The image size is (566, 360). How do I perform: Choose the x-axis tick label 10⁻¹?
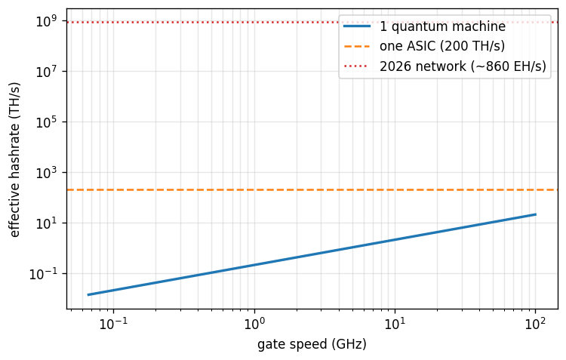114,323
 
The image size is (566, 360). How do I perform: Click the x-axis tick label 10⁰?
254,323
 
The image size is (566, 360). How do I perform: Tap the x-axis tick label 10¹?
395,323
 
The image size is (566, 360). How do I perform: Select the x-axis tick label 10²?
535,323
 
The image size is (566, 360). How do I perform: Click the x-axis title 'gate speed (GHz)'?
312,344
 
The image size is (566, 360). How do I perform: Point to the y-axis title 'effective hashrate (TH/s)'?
14,160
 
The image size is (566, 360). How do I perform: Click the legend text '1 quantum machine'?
442,26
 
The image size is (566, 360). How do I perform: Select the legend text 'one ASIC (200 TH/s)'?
442,46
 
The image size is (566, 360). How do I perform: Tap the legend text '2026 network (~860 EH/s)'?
463,66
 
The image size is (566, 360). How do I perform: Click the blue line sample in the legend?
357,26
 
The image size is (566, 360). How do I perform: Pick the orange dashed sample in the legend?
357,46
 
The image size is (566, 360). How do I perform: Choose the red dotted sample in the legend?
357,66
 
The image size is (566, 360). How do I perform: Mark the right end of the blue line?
536,214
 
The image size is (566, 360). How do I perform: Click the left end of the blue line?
88,294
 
